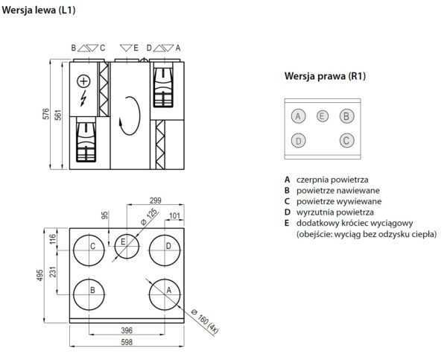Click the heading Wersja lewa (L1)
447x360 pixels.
[x=39, y=10]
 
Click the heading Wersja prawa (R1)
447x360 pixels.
[x=325, y=76]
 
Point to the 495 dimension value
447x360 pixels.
[x=41, y=275]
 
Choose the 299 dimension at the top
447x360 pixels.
[x=155, y=201]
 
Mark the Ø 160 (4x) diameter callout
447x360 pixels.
[x=201, y=320]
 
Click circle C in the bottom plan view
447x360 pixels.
[x=91, y=247]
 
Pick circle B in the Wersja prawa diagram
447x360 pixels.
[x=346, y=116]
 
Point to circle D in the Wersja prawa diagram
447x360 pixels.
[x=298, y=140]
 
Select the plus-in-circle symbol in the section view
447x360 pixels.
[x=83, y=80]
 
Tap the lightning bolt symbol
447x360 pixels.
[x=83, y=98]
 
